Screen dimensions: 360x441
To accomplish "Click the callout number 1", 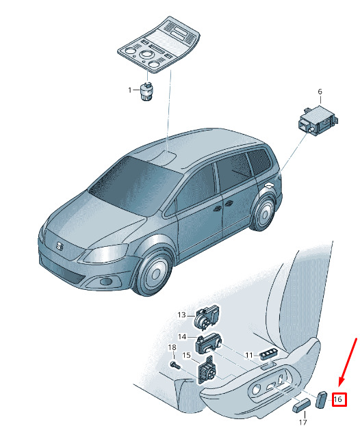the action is [x=130, y=90].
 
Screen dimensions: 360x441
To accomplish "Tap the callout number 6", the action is [x=320, y=92].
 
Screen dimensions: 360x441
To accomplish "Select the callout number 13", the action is [x=182, y=315].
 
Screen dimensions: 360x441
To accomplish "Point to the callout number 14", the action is [x=182, y=336].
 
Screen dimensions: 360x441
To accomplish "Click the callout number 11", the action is [x=249, y=356].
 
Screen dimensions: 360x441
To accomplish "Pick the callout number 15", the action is [x=187, y=356].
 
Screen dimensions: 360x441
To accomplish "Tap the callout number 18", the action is [x=172, y=347].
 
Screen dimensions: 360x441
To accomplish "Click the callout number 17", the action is [x=303, y=422].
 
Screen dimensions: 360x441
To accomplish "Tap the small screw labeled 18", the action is [x=175, y=365].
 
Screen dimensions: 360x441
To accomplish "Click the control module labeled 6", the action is [x=318, y=120].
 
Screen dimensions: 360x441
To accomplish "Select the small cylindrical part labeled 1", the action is [x=146, y=91].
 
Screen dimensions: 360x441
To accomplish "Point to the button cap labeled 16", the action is [x=321, y=399].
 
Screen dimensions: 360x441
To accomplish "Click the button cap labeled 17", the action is [x=301, y=406].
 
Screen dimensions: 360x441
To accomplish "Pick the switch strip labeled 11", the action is [x=268, y=353].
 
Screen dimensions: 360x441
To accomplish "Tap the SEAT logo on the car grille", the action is [x=60, y=246].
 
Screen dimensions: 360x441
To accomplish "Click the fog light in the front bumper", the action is [x=106, y=281].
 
